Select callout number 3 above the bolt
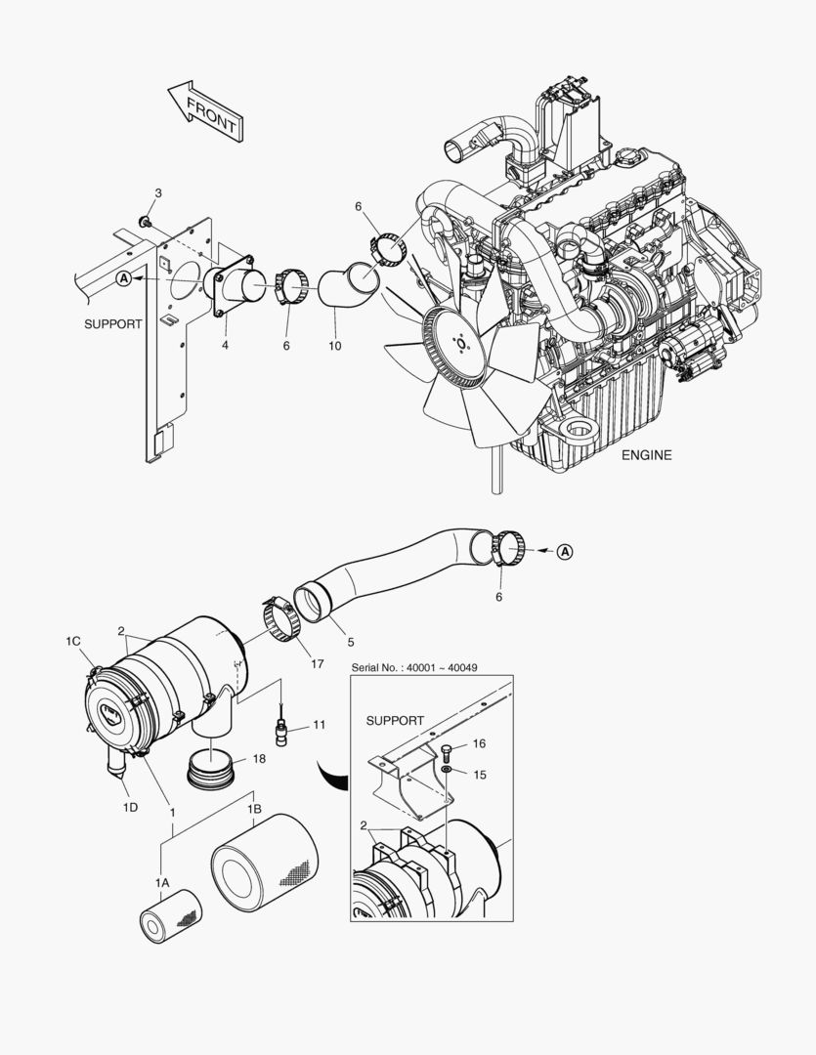(157, 192)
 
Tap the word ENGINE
(646, 455)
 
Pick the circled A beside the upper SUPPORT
(123, 278)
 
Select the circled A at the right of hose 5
(565, 552)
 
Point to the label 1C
(73, 641)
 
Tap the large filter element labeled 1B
(265, 865)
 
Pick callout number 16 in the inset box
(479, 743)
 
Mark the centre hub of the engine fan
(461, 344)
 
